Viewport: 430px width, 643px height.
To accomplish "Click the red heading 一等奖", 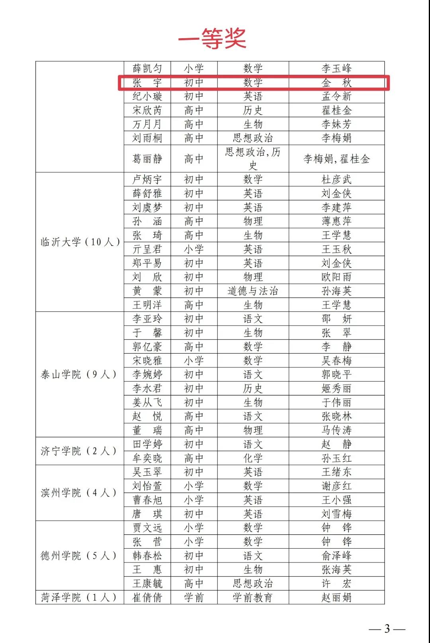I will (x=212, y=39).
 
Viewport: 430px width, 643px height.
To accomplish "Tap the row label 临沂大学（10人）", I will (x=80, y=242).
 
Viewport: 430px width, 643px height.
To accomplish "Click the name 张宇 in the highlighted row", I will (x=147, y=83).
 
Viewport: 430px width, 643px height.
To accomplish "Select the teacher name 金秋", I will (x=336, y=83).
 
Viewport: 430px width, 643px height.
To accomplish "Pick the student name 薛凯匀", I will (x=147, y=68).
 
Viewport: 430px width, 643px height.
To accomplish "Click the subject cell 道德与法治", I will (x=253, y=291).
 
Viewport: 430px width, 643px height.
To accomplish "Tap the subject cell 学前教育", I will (x=253, y=597).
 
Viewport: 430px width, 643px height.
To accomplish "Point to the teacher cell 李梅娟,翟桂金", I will (x=336, y=159).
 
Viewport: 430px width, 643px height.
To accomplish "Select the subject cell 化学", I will (x=253, y=458).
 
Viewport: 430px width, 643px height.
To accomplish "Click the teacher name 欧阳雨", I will (x=336, y=277).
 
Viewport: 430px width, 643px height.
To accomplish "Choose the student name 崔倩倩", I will (x=147, y=597).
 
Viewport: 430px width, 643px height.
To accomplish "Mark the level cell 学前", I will (x=194, y=597).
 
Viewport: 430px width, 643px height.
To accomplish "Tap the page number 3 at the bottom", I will (x=387, y=629).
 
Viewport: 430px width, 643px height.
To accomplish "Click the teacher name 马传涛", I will (x=336, y=430).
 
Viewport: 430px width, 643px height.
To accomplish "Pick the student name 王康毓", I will (x=147, y=583).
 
